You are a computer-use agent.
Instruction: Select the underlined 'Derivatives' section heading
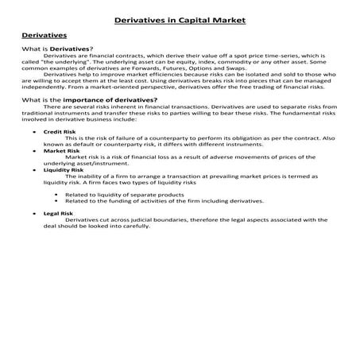(x=44, y=36)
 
